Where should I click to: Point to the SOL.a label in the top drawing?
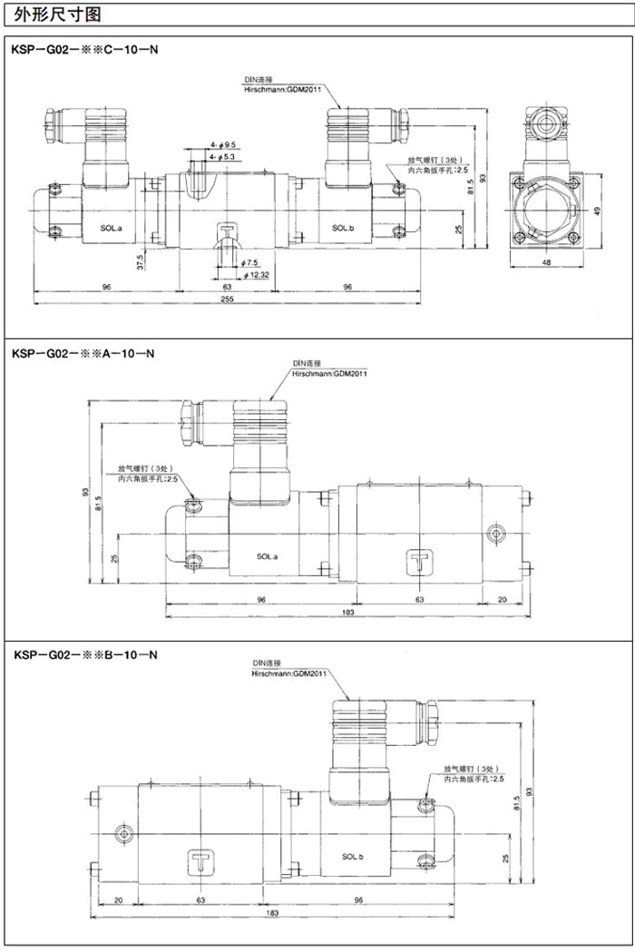click(x=112, y=228)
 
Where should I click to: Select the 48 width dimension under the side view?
click(x=546, y=262)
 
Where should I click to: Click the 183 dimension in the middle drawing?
click(x=348, y=614)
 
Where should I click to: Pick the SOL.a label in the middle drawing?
click(x=267, y=556)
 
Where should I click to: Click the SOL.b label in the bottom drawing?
click(x=354, y=856)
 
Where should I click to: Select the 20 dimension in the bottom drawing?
click(x=118, y=899)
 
